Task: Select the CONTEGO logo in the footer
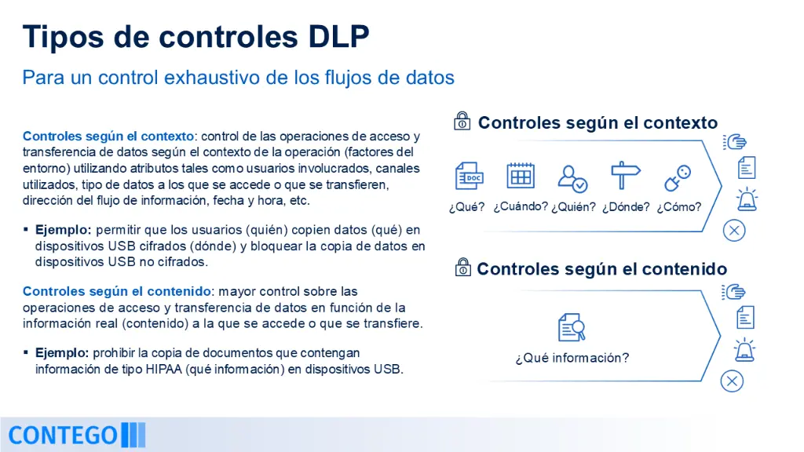77,435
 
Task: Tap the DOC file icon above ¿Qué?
469,176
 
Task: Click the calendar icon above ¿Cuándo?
521,175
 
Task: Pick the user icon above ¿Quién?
572,178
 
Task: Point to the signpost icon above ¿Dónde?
625,175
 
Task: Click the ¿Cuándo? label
521,206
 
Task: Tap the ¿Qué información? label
572,358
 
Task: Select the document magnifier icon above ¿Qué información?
572,327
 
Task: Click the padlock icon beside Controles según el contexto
462,121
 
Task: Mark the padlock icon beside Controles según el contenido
463,267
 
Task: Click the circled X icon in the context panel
734,231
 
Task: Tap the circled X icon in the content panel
732,381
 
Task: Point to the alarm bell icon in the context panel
747,199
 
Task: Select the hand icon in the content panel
734,292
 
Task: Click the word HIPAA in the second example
164,369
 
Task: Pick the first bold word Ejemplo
63,230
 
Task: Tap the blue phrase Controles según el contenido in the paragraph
117,291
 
